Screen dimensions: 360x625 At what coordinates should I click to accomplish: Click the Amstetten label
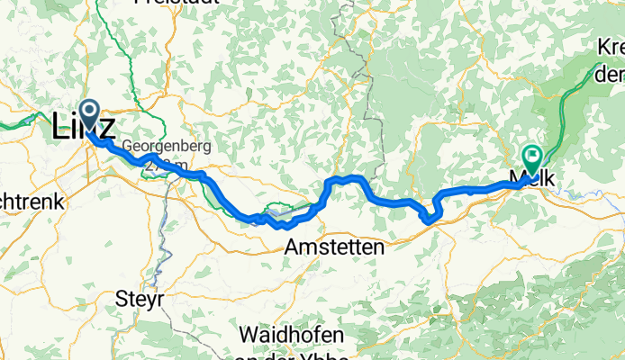[334, 246]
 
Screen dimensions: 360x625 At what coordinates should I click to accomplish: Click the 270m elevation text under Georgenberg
[166, 165]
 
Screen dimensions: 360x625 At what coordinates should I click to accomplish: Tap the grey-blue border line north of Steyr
[163, 243]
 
